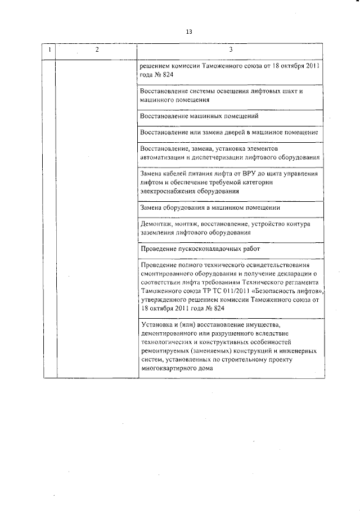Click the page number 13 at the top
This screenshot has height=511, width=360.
click(x=189, y=31)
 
